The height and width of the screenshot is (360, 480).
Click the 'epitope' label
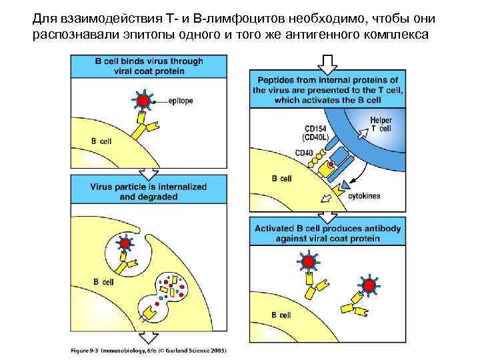click(181, 101)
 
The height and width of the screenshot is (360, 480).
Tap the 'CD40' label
click(304, 153)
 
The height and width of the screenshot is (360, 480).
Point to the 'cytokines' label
click(365, 196)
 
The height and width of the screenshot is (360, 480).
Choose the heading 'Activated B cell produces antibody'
click(327, 233)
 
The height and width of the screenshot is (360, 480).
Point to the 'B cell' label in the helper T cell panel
click(282, 179)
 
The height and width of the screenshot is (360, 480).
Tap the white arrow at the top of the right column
click(327, 64)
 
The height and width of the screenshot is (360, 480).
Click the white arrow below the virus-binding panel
click(148, 173)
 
